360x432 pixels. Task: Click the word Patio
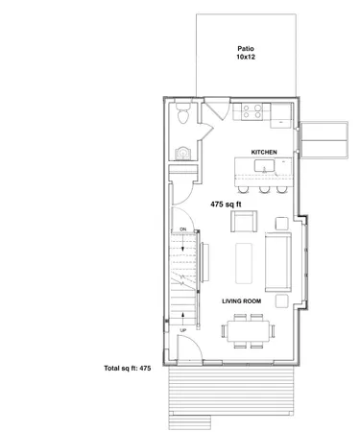click(244, 48)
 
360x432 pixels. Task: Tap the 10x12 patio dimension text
click(244, 59)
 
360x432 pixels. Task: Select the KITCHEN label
click(265, 153)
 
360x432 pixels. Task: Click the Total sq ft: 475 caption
click(128, 368)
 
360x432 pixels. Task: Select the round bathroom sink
click(183, 151)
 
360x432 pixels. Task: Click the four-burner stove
click(252, 111)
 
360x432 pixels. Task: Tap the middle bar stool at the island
click(262, 188)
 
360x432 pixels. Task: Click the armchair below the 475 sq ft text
click(242, 224)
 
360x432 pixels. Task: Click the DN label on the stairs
click(182, 229)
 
